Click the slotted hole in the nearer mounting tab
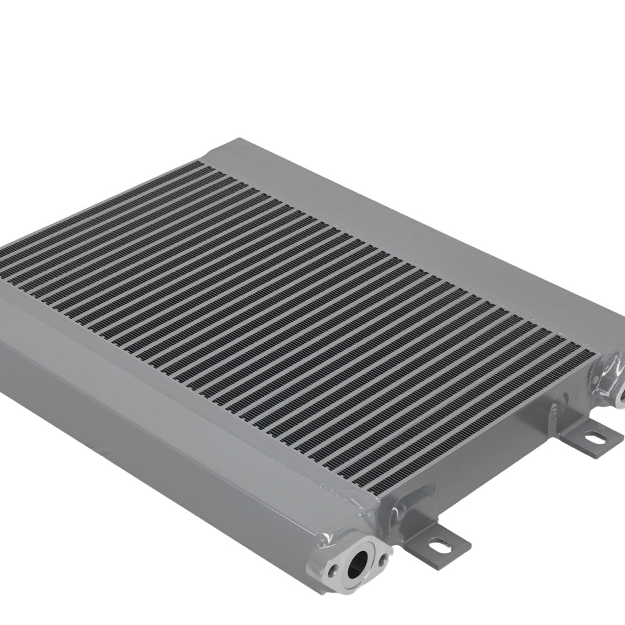coord(440,545)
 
